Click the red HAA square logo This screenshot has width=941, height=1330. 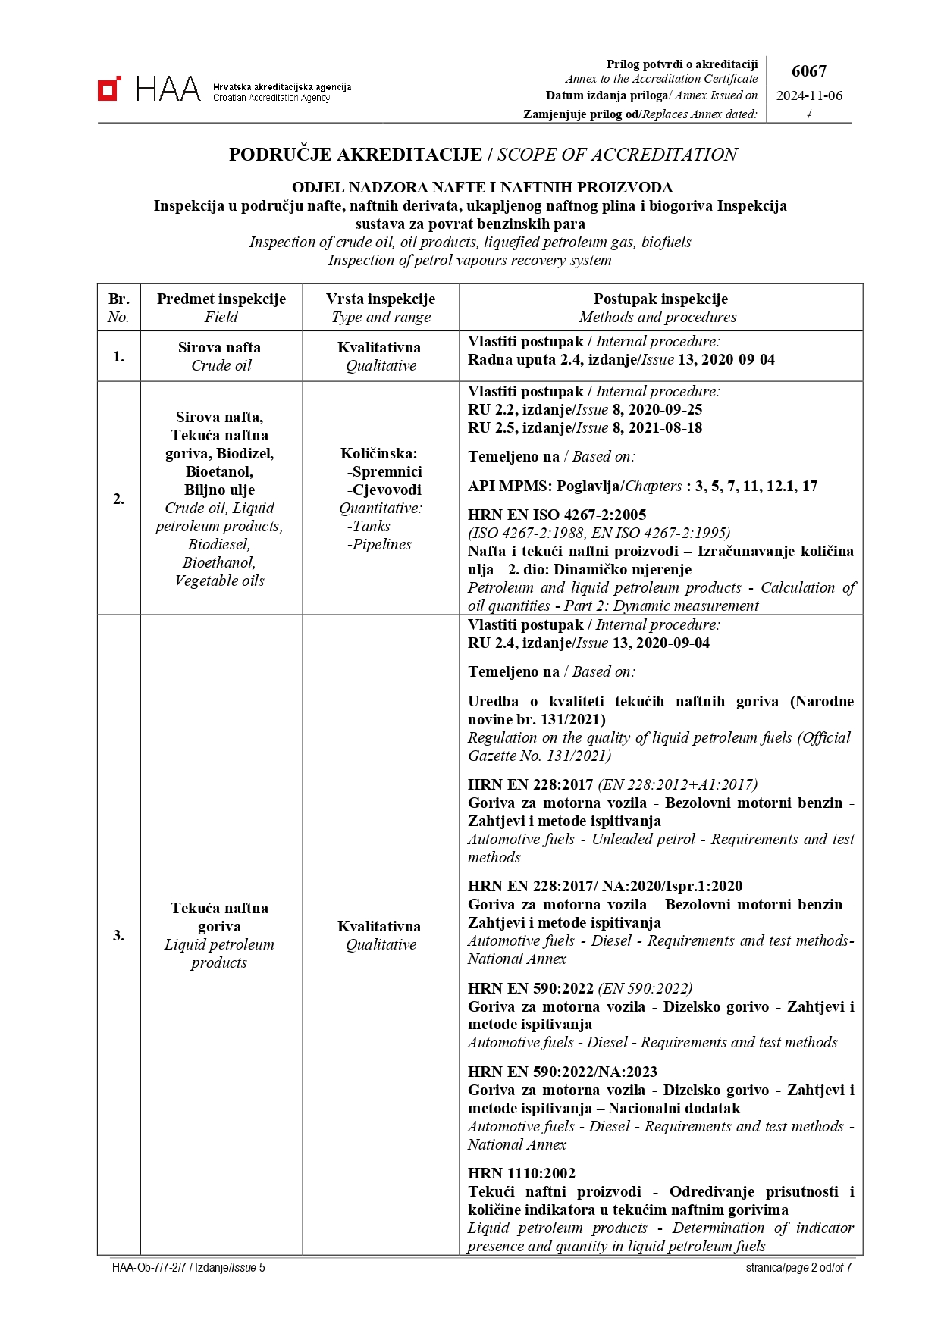point(109,89)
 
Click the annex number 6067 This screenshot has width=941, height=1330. point(808,71)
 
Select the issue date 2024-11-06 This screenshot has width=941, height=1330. point(809,96)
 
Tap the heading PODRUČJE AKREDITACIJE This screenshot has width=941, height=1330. point(355,155)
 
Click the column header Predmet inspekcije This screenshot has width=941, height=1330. point(221,299)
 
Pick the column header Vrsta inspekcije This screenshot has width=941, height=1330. point(381,299)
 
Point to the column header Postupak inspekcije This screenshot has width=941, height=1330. point(660,299)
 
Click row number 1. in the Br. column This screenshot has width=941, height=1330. point(119,356)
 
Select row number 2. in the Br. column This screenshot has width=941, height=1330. point(119,499)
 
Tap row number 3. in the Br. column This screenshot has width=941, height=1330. point(119,935)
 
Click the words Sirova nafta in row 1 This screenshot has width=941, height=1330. point(219,347)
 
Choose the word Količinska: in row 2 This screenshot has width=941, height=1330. point(379,453)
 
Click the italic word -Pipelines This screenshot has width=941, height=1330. point(379,544)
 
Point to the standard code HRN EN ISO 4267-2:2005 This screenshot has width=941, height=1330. point(557,515)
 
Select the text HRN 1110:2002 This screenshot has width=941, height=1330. point(522,1173)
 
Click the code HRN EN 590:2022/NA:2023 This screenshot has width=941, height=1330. point(563,1072)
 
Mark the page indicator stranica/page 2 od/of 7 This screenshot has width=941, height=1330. point(798,1267)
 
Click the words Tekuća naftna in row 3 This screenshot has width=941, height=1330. point(219,908)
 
